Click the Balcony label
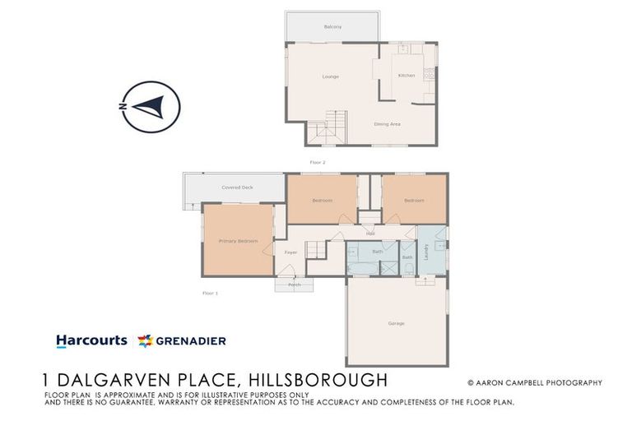point(332,27)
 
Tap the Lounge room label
point(331,76)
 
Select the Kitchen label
point(407,76)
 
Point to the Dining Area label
point(387,124)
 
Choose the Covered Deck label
point(237,188)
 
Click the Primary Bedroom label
point(238,241)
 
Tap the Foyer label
point(290,252)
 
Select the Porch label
point(295,285)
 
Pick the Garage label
point(396,323)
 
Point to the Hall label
point(370,234)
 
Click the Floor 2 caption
point(318,163)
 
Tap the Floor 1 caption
point(211,293)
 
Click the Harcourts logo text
point(91,340)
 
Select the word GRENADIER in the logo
point(191,340)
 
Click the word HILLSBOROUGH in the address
point(318,380)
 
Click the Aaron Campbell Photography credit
point(534,382)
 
